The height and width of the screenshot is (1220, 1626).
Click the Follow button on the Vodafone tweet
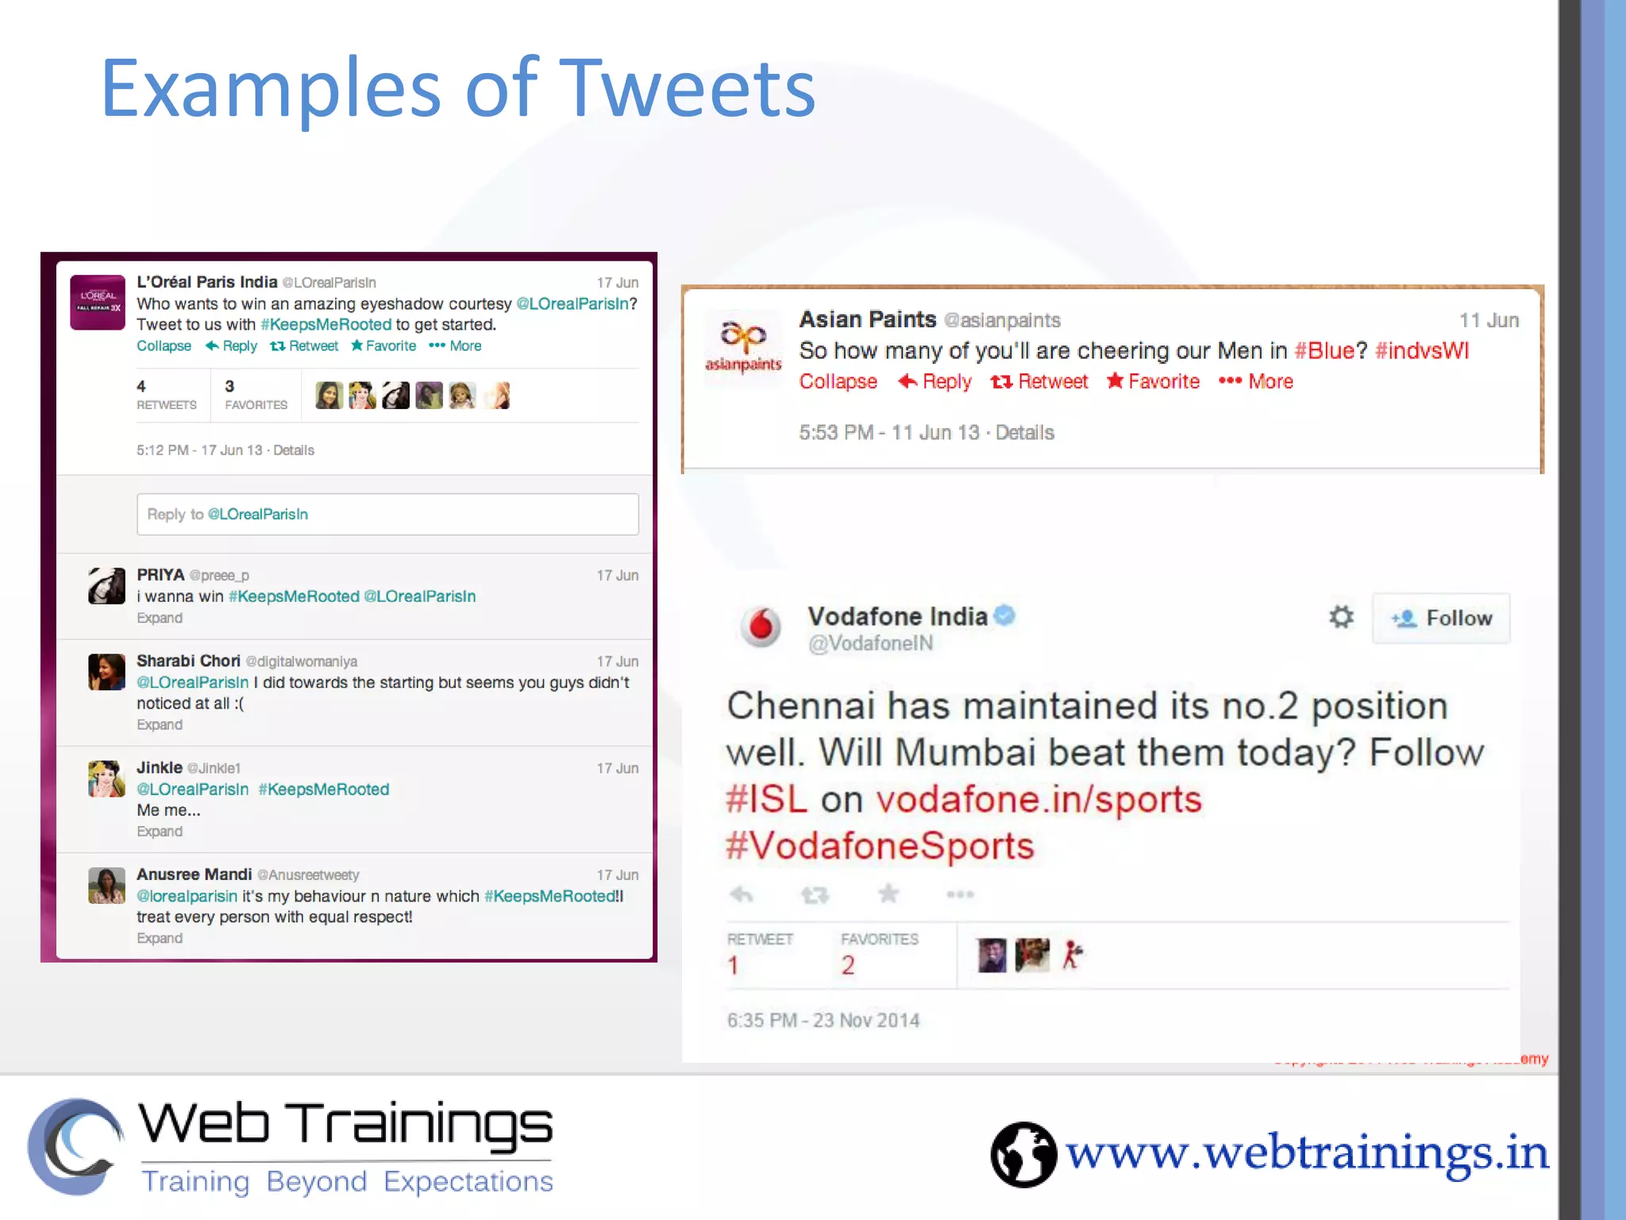click(1441, 618)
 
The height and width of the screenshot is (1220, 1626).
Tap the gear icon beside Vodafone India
click(1341, 617)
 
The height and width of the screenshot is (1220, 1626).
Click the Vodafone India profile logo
click(761, 626)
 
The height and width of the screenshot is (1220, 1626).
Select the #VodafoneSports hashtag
click(880, 846)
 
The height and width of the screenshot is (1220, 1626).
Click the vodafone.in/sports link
click(1038, 799)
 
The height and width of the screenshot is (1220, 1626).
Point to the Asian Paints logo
click(743, 344)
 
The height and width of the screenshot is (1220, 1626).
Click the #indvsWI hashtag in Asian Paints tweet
click(1421, 350)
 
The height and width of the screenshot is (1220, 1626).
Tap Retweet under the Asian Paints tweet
click(1039, 382)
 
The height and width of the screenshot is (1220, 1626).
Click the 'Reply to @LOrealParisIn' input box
click(387, 514)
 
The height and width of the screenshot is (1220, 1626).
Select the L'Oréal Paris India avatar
click(98, 303)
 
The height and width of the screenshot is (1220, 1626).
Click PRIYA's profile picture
click(106, 586)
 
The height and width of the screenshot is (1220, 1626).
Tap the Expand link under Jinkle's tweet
click(160, 832)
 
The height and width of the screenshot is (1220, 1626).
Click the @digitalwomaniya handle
click(302, 662)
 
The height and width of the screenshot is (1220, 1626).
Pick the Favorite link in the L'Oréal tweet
click(383, 346)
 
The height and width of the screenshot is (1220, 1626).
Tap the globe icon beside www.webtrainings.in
click(1023, 1154)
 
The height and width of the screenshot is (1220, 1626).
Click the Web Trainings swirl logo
click(75, 1146)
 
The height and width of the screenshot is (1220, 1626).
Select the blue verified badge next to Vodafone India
click(1004, 616)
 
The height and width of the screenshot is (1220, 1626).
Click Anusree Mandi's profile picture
click(106, 886)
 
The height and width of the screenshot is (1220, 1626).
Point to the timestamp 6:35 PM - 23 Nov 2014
click(823, 1021)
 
